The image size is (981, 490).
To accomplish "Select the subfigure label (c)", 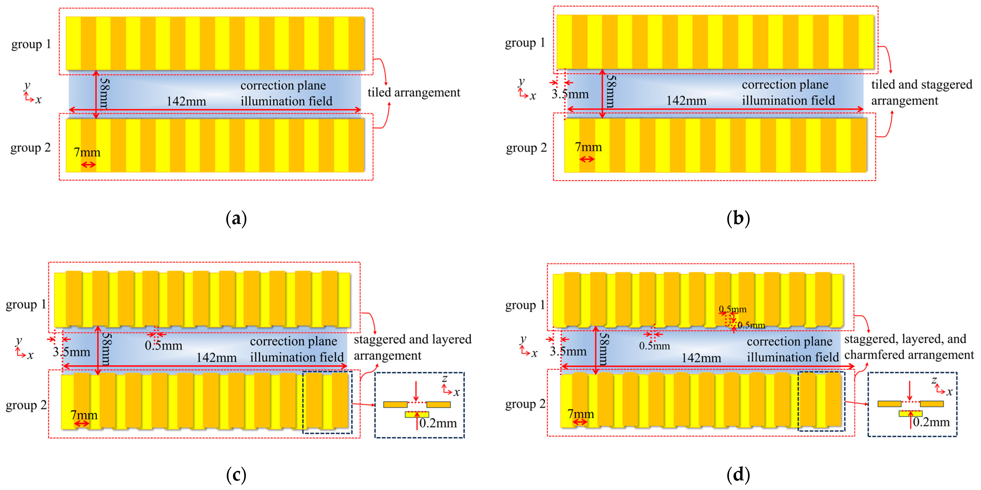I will tap(236, 475).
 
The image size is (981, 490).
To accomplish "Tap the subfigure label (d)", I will tap(738, 475).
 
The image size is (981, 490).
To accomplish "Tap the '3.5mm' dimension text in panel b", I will tap(570, 94).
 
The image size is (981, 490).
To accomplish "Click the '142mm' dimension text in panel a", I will tap(186, 102).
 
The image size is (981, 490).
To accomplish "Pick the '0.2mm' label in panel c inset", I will tap(438, 423).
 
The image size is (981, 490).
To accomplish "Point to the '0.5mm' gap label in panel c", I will tap(163, 346).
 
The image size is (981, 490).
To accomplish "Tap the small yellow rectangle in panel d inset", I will tap(911, 413).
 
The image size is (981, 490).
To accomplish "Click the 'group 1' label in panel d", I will tap(525, 305).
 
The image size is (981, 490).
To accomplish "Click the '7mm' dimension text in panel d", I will tap(580, 414).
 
